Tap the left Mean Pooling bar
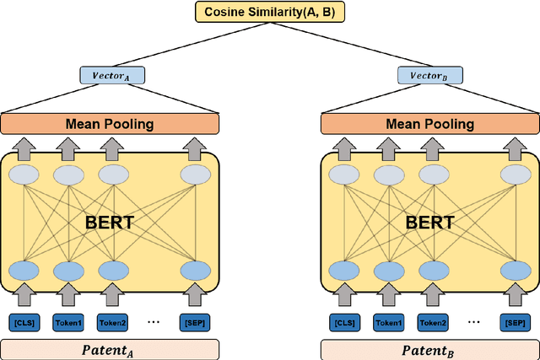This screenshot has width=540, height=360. pos(110,124)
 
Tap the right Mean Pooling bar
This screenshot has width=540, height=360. pos(430,124)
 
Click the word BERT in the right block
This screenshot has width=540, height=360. pos(429,223)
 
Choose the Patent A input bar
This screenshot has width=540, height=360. pos(110,349)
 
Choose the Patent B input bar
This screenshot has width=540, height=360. pos(430,349)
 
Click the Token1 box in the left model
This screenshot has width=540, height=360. pos(70,321)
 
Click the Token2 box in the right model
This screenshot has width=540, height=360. pos(435,321)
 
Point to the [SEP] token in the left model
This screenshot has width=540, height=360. pos(193,321)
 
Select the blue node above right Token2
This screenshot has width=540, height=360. pos(435,270)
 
